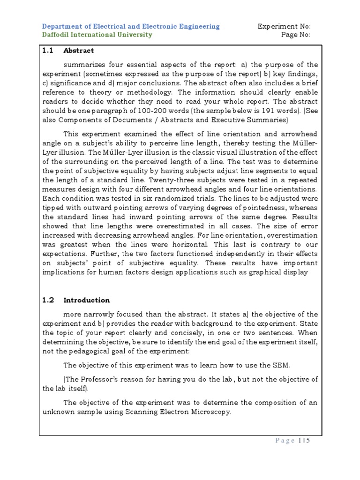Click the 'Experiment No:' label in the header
point(284,26)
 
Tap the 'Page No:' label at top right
point(296,35)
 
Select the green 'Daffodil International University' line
point(97,35)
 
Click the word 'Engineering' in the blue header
point(199,26)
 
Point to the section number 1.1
point(48,51)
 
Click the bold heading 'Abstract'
point(79,51)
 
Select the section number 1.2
point(48,300)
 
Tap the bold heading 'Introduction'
point(87,300)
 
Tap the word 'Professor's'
point(100,379)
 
